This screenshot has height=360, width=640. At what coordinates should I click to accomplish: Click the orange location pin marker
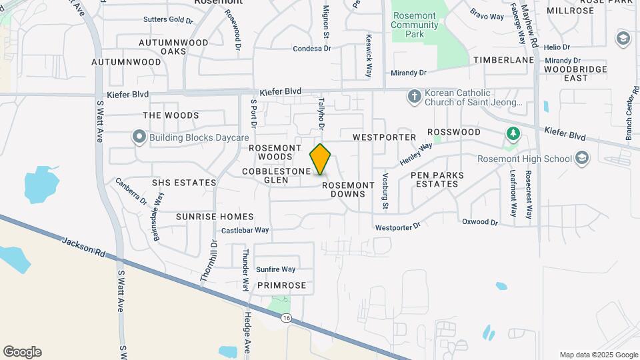(x=321, y=160)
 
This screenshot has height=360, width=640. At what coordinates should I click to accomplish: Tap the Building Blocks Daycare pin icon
(x=139, y=137)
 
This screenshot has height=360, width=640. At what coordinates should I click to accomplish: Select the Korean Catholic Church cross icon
(x=413, y=97)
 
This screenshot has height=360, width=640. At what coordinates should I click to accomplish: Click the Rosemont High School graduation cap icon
(x=582, y=158)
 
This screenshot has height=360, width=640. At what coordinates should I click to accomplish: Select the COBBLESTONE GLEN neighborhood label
(x=276, y=175)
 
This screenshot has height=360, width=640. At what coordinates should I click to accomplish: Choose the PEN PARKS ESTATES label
(x=437, y=179)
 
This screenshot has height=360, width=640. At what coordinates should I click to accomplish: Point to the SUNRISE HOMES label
(x=215, y=217)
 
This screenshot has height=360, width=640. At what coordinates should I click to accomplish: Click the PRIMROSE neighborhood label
(x=282, y=285)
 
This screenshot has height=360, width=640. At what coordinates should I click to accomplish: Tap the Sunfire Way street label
(x=276, y=269)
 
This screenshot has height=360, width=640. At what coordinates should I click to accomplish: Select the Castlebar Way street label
(x=245, y=230)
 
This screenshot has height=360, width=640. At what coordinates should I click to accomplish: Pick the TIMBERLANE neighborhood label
(x=504, y=60)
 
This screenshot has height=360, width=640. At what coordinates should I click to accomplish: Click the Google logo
(x=22, y=352)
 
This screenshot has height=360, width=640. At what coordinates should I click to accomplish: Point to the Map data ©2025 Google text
(x=599, y=355)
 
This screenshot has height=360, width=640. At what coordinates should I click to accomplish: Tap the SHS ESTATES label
(x=184, y=183)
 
